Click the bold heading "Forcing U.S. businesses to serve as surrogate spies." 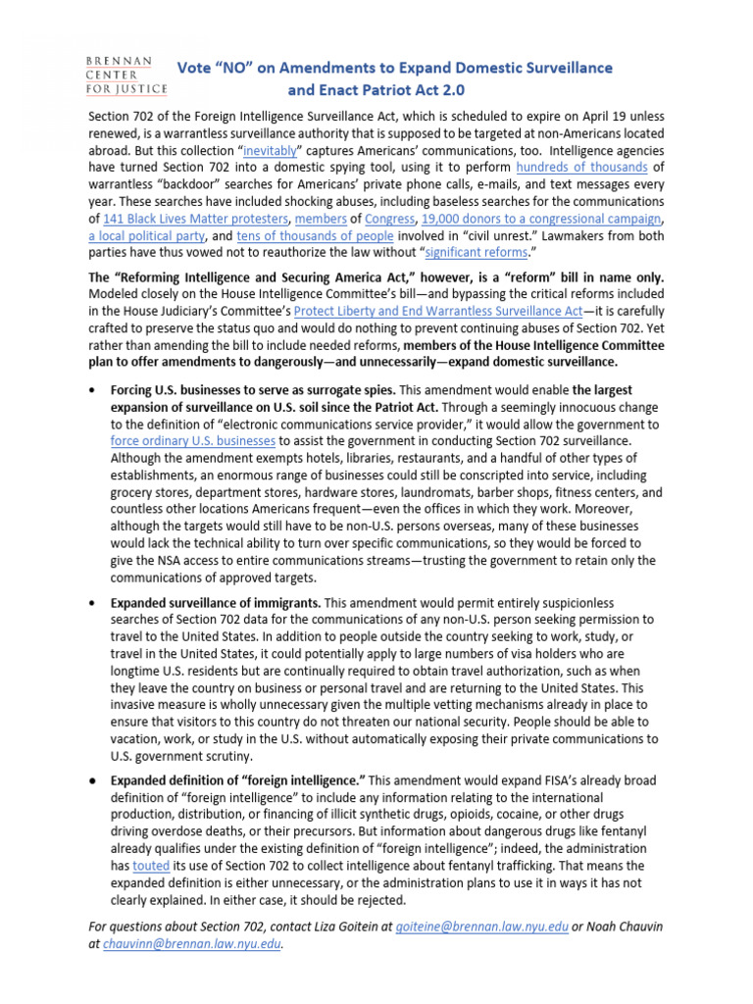253,389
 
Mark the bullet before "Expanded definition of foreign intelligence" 92,779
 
